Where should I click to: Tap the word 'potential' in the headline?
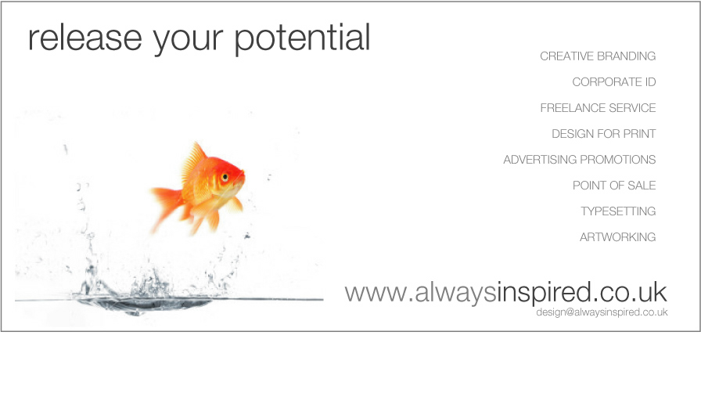coord(302,38)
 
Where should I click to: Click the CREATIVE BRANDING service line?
coord(598,56)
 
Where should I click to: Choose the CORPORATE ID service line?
coord(614,82)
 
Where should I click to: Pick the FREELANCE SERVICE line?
coord(598,108)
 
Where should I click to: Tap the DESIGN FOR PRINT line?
coord(603,134)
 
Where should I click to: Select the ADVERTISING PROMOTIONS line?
coord(580,159)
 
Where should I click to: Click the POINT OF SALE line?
coord(614,186)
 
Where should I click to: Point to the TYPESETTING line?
coord(618,211)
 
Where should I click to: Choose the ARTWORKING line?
coord(618,236)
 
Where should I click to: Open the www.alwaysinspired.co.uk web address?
coord(505,293)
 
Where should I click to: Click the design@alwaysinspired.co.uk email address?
coord(602,312)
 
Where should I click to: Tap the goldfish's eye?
coord(225,177)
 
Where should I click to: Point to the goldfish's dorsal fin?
coord(193,161)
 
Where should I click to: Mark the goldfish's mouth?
coord(243,175)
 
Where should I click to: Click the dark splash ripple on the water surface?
coord(143,305)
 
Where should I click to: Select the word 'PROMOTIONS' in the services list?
coord(618,159)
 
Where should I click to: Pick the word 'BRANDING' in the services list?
coord(627,56)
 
